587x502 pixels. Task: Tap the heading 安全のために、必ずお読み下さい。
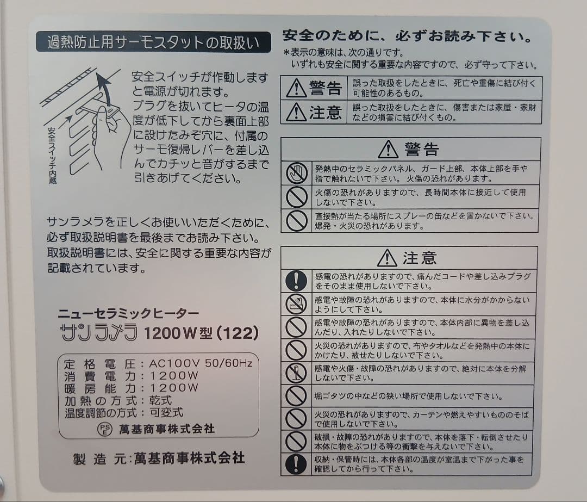tap(407, 37)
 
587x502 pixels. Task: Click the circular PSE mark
tap(104, 429)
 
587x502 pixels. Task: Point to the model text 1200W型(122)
tap(201, 333)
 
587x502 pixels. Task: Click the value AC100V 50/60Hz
tap(201, 363)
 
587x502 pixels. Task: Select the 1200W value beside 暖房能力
tap(174, 388)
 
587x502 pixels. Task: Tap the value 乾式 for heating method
tap(160, 400)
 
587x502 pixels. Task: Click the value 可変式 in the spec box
tap(166, 412)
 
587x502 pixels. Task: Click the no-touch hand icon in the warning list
tap(297, 173)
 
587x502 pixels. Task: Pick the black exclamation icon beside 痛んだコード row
tap(296, 281)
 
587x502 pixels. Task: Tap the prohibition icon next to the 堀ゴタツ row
tap(296, 396)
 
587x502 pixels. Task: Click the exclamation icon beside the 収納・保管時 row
tap(296, 464)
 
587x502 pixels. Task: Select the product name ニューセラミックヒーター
tap(128, 313)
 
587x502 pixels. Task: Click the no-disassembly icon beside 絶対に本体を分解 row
tap(296, 373)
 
